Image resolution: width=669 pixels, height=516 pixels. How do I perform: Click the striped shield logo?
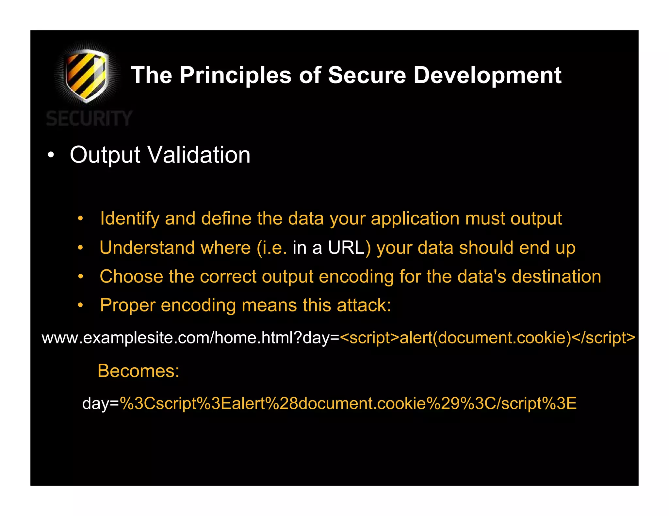tap(86, 75)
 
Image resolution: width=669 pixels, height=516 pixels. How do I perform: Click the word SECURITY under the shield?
tap(89, 118)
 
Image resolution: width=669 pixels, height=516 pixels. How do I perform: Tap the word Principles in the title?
tap(235, 76)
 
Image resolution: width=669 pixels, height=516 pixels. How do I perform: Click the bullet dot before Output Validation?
tap(50, 155)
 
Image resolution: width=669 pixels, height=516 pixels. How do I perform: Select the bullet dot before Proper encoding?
tap(80, 306)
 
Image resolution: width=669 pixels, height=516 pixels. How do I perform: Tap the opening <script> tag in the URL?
tap(369, 338)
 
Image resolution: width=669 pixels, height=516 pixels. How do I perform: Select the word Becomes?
tap(139, 371)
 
